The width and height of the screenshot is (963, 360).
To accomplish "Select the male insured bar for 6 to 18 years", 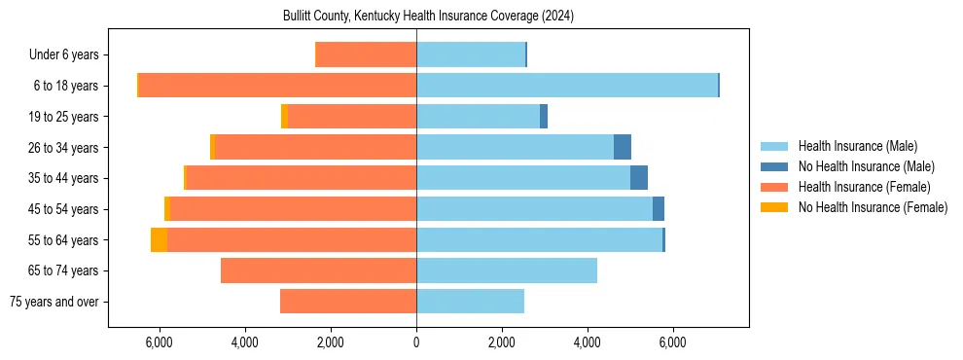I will (x=567, y=86).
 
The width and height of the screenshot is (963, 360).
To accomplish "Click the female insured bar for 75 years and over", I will (x=348, y=302).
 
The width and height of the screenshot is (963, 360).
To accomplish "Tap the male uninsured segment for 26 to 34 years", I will (x=623, y=147).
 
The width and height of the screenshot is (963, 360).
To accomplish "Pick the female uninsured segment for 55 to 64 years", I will (x=159, y=239).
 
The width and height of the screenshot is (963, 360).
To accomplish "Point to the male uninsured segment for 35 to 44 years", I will (x=639, y=178).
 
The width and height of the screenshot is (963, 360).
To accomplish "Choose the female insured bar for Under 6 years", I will (x=367, y=54).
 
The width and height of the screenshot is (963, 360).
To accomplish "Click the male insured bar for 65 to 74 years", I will (x=507, y=270).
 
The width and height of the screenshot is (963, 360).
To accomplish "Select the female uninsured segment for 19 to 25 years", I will (x=284, y=117).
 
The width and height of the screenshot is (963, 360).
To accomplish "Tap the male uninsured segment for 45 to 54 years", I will (x=659, y=208).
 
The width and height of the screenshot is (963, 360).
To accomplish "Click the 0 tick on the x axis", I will (x=416, y=342).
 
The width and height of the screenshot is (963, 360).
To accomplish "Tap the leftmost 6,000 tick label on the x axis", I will (x=159, y=342).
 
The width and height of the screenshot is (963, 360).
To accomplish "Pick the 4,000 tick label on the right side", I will (x=588, y=342).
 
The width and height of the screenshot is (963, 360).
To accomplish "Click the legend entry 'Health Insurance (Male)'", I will (x=857, y=146).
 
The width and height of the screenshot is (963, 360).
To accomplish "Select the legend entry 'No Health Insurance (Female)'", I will (x=873, y=207).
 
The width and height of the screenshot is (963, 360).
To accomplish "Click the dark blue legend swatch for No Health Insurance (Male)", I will (x=774, y=166).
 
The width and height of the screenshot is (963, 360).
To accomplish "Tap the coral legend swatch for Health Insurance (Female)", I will (x=774, y=187).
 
